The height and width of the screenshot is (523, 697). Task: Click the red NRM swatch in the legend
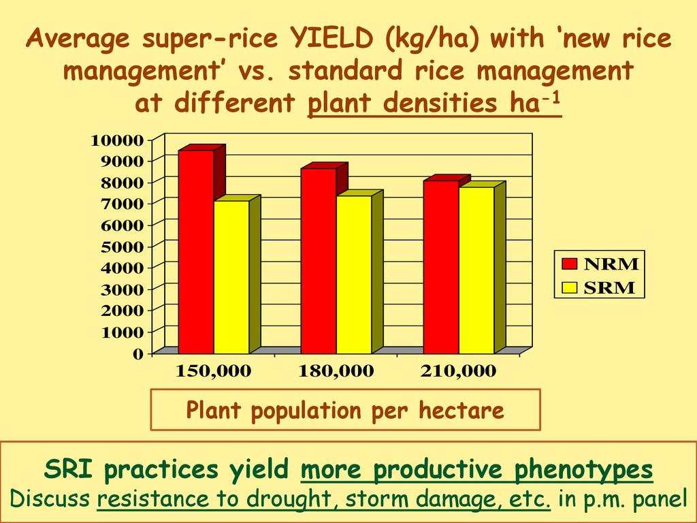570,264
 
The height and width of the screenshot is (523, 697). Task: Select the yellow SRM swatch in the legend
570,287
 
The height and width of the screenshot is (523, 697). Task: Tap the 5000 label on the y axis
123,247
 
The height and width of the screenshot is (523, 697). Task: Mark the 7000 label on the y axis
123,204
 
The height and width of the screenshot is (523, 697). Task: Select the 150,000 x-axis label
214,370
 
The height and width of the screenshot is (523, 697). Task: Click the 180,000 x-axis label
336,370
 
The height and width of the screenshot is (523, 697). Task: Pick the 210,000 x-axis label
458,370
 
